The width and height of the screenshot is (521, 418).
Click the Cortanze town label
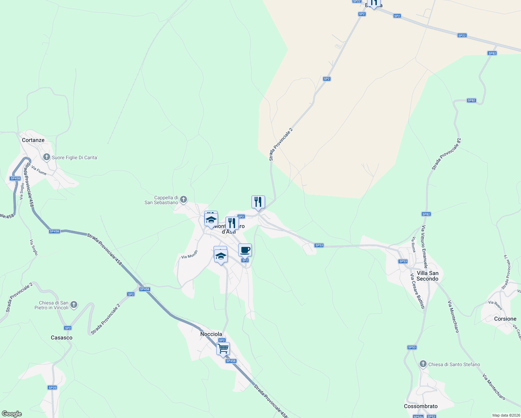(x=33, y=140)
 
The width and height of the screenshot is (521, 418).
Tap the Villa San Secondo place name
(x=427, y=276)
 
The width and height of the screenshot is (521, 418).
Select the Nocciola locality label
(x=211, y=334)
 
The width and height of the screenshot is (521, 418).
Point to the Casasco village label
(x=62, y=338)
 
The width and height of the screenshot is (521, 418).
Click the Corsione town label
(x=505, y=319)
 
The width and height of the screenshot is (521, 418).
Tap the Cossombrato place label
(x=421, y=406)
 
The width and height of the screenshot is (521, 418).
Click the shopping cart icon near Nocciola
(x=223, y=348)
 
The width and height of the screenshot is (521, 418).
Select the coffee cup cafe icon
(x=245, y=250)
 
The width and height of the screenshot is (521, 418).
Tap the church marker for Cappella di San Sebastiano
(x=184, y=200)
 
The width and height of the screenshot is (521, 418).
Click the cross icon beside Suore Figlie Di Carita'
(x=46, y=157)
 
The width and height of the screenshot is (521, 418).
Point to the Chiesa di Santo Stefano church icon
(x=423, y=364)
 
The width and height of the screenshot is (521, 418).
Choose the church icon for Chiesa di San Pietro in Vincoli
(x=73, y=305)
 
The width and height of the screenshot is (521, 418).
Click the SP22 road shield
(x=462, y=36)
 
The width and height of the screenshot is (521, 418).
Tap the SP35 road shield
(x=52, y=387)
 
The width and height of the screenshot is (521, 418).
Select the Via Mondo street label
(x=189, y=254)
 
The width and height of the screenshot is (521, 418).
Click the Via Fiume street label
(x=39, y=170)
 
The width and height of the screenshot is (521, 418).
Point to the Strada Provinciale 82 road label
(x=446, y=154)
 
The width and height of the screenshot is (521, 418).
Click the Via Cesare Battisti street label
(x=417, y=291)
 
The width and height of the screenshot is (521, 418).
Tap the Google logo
(x=11, y=414)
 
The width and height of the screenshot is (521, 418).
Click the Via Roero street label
(x=495, y=305)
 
